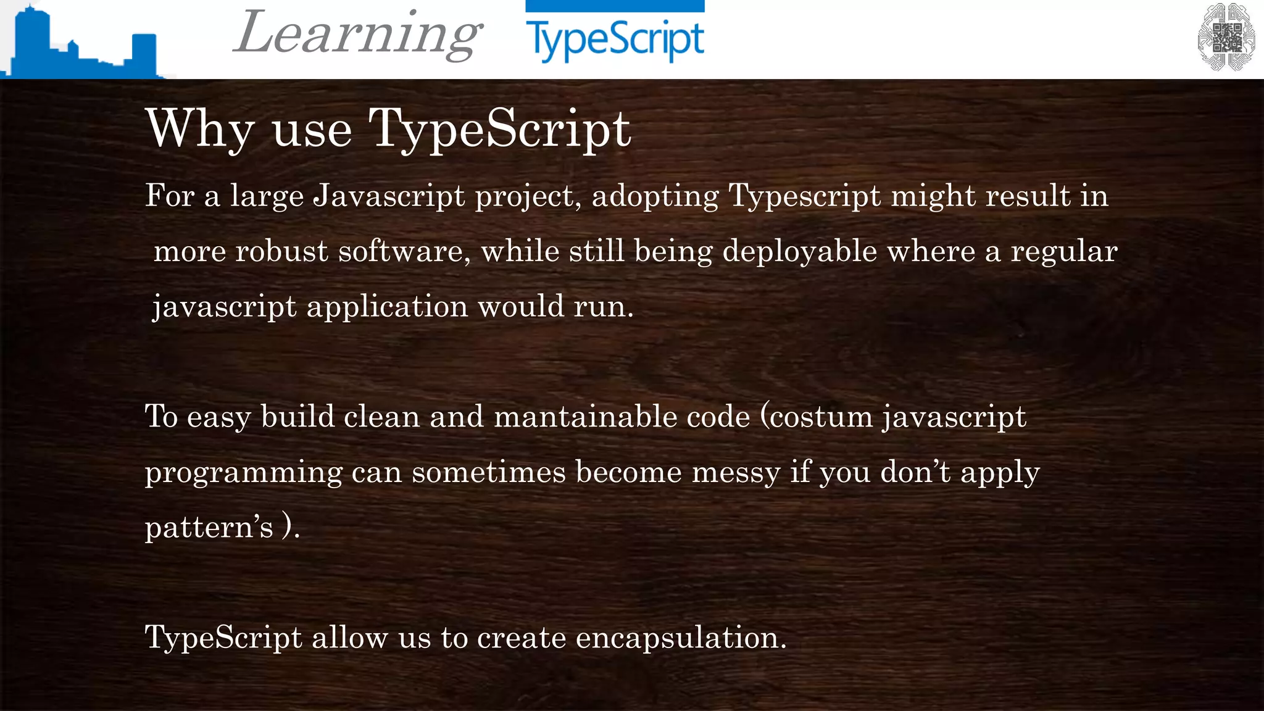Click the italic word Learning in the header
[x=357, y=35]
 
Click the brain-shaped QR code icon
[x=1226, y=37]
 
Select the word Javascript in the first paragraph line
[x=389, y=196]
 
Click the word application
[x=387, y=307]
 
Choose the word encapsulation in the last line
[x=681, y=638]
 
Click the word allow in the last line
[x=349, y=638]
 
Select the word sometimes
[x=488, y=472]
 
